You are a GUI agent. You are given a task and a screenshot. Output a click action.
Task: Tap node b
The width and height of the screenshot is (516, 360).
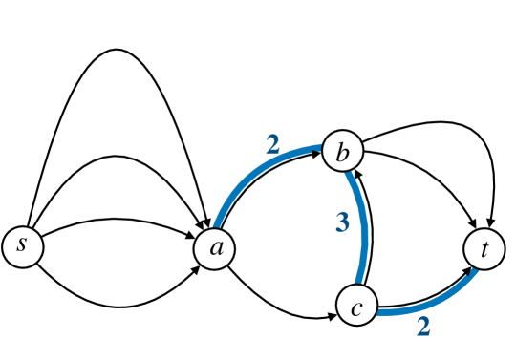click(x=342, y=151)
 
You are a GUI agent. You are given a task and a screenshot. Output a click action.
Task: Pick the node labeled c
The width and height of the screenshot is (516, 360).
click(x=355, y=307)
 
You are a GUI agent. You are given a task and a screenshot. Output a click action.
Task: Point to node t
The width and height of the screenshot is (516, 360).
click(x=484, y=249)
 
